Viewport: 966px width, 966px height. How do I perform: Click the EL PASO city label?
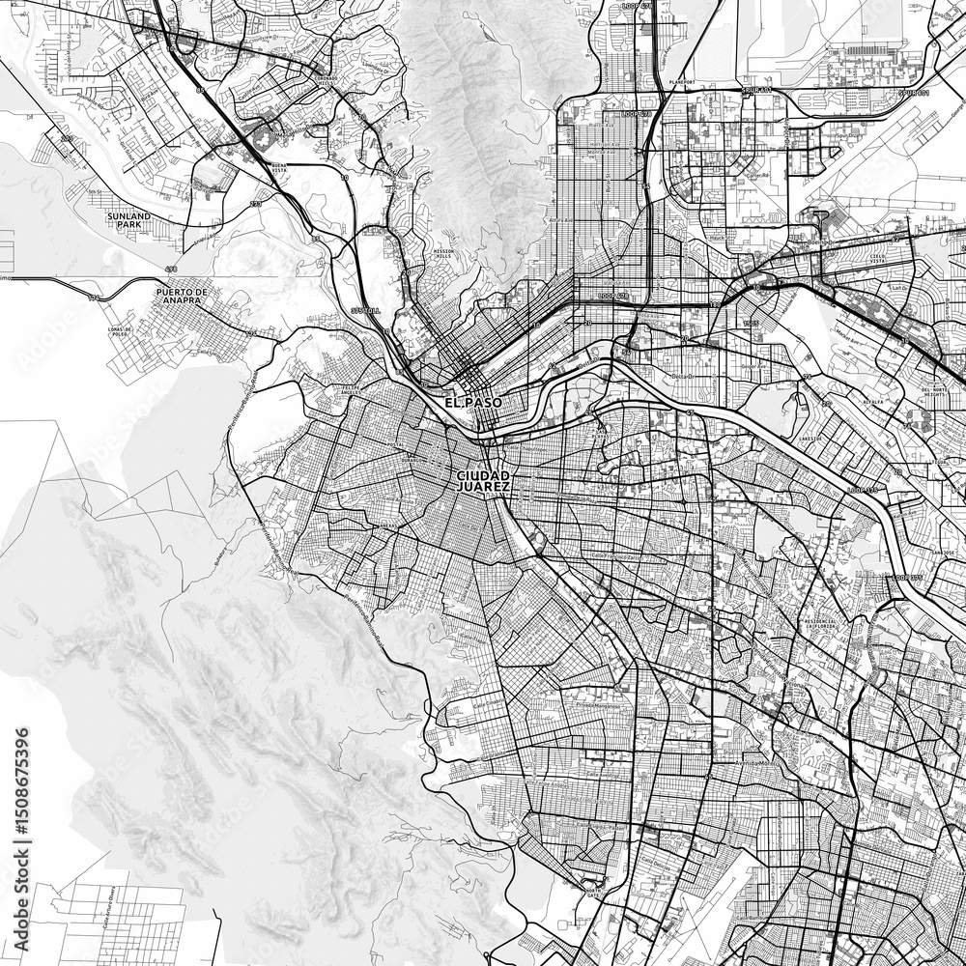click(469, 401)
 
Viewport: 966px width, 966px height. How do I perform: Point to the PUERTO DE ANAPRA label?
click(181, 296)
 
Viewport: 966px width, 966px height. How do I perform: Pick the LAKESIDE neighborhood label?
click(810, 438)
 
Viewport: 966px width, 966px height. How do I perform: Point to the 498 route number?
click(171, 269)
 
